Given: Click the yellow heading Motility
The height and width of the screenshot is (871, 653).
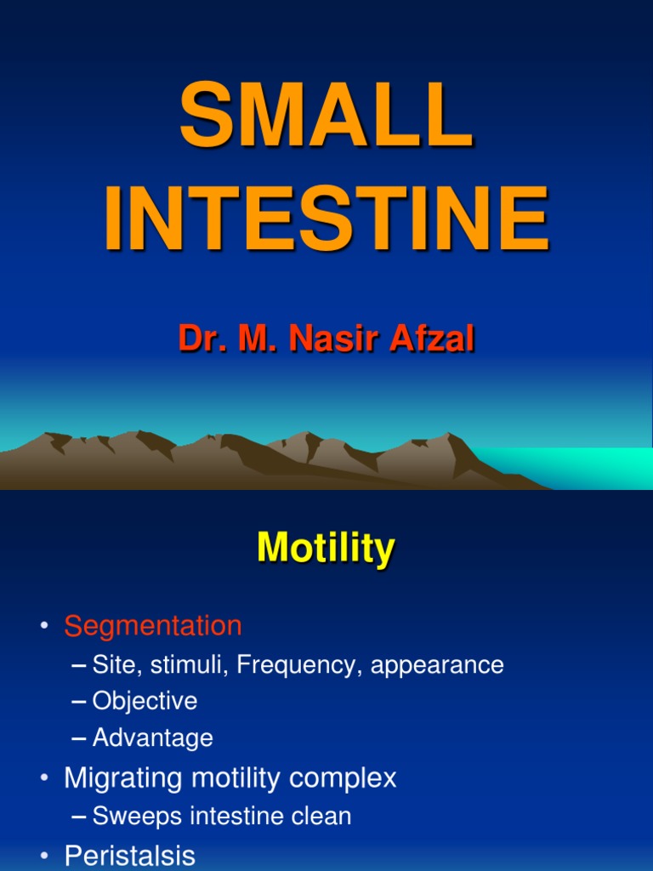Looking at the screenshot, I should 326,549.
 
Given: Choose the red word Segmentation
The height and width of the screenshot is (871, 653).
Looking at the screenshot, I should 153,626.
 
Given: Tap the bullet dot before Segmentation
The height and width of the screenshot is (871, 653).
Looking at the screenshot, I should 43,628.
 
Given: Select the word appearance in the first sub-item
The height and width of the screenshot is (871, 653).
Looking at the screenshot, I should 437,666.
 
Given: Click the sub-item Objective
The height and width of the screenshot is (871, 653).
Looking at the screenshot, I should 145,702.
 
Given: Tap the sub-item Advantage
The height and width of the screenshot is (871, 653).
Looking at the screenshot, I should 152,738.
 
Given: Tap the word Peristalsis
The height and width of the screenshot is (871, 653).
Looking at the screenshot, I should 129,856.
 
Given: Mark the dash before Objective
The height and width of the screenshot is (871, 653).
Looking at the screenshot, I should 79,702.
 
